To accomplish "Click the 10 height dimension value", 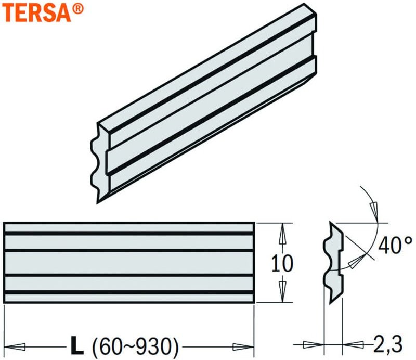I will click(x=282, y=263).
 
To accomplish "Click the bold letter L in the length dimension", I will click(x=77, y=344).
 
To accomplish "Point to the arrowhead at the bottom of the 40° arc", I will click(x=356, y=263).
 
